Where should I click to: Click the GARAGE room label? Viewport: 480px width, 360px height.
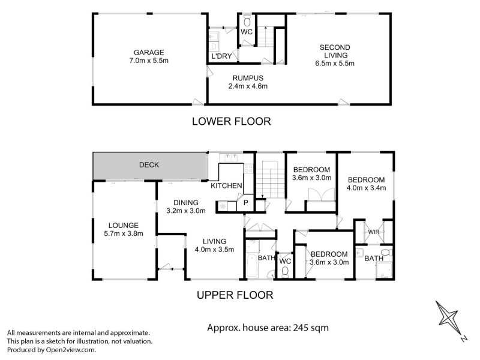point(149,52)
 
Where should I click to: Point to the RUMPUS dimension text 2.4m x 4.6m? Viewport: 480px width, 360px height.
point(247,86)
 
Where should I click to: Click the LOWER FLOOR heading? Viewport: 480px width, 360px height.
point(231,121)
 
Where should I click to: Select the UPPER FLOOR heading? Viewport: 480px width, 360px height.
point(235,295)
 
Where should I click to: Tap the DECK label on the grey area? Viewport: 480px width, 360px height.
point(149,165)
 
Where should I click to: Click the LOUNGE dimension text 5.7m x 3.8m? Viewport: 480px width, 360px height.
point(124,234)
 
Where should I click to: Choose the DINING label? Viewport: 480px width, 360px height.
point(186,203)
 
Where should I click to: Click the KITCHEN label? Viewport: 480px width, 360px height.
point(226,186)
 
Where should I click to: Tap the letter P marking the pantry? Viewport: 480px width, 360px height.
point(245,204)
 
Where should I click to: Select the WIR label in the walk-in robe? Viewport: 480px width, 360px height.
point(374,232)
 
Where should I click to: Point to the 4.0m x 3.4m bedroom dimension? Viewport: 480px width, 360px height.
point(366,188)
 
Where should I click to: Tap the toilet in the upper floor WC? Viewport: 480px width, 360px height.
point(286,272)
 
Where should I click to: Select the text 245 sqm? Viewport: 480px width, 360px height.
point(308,328)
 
